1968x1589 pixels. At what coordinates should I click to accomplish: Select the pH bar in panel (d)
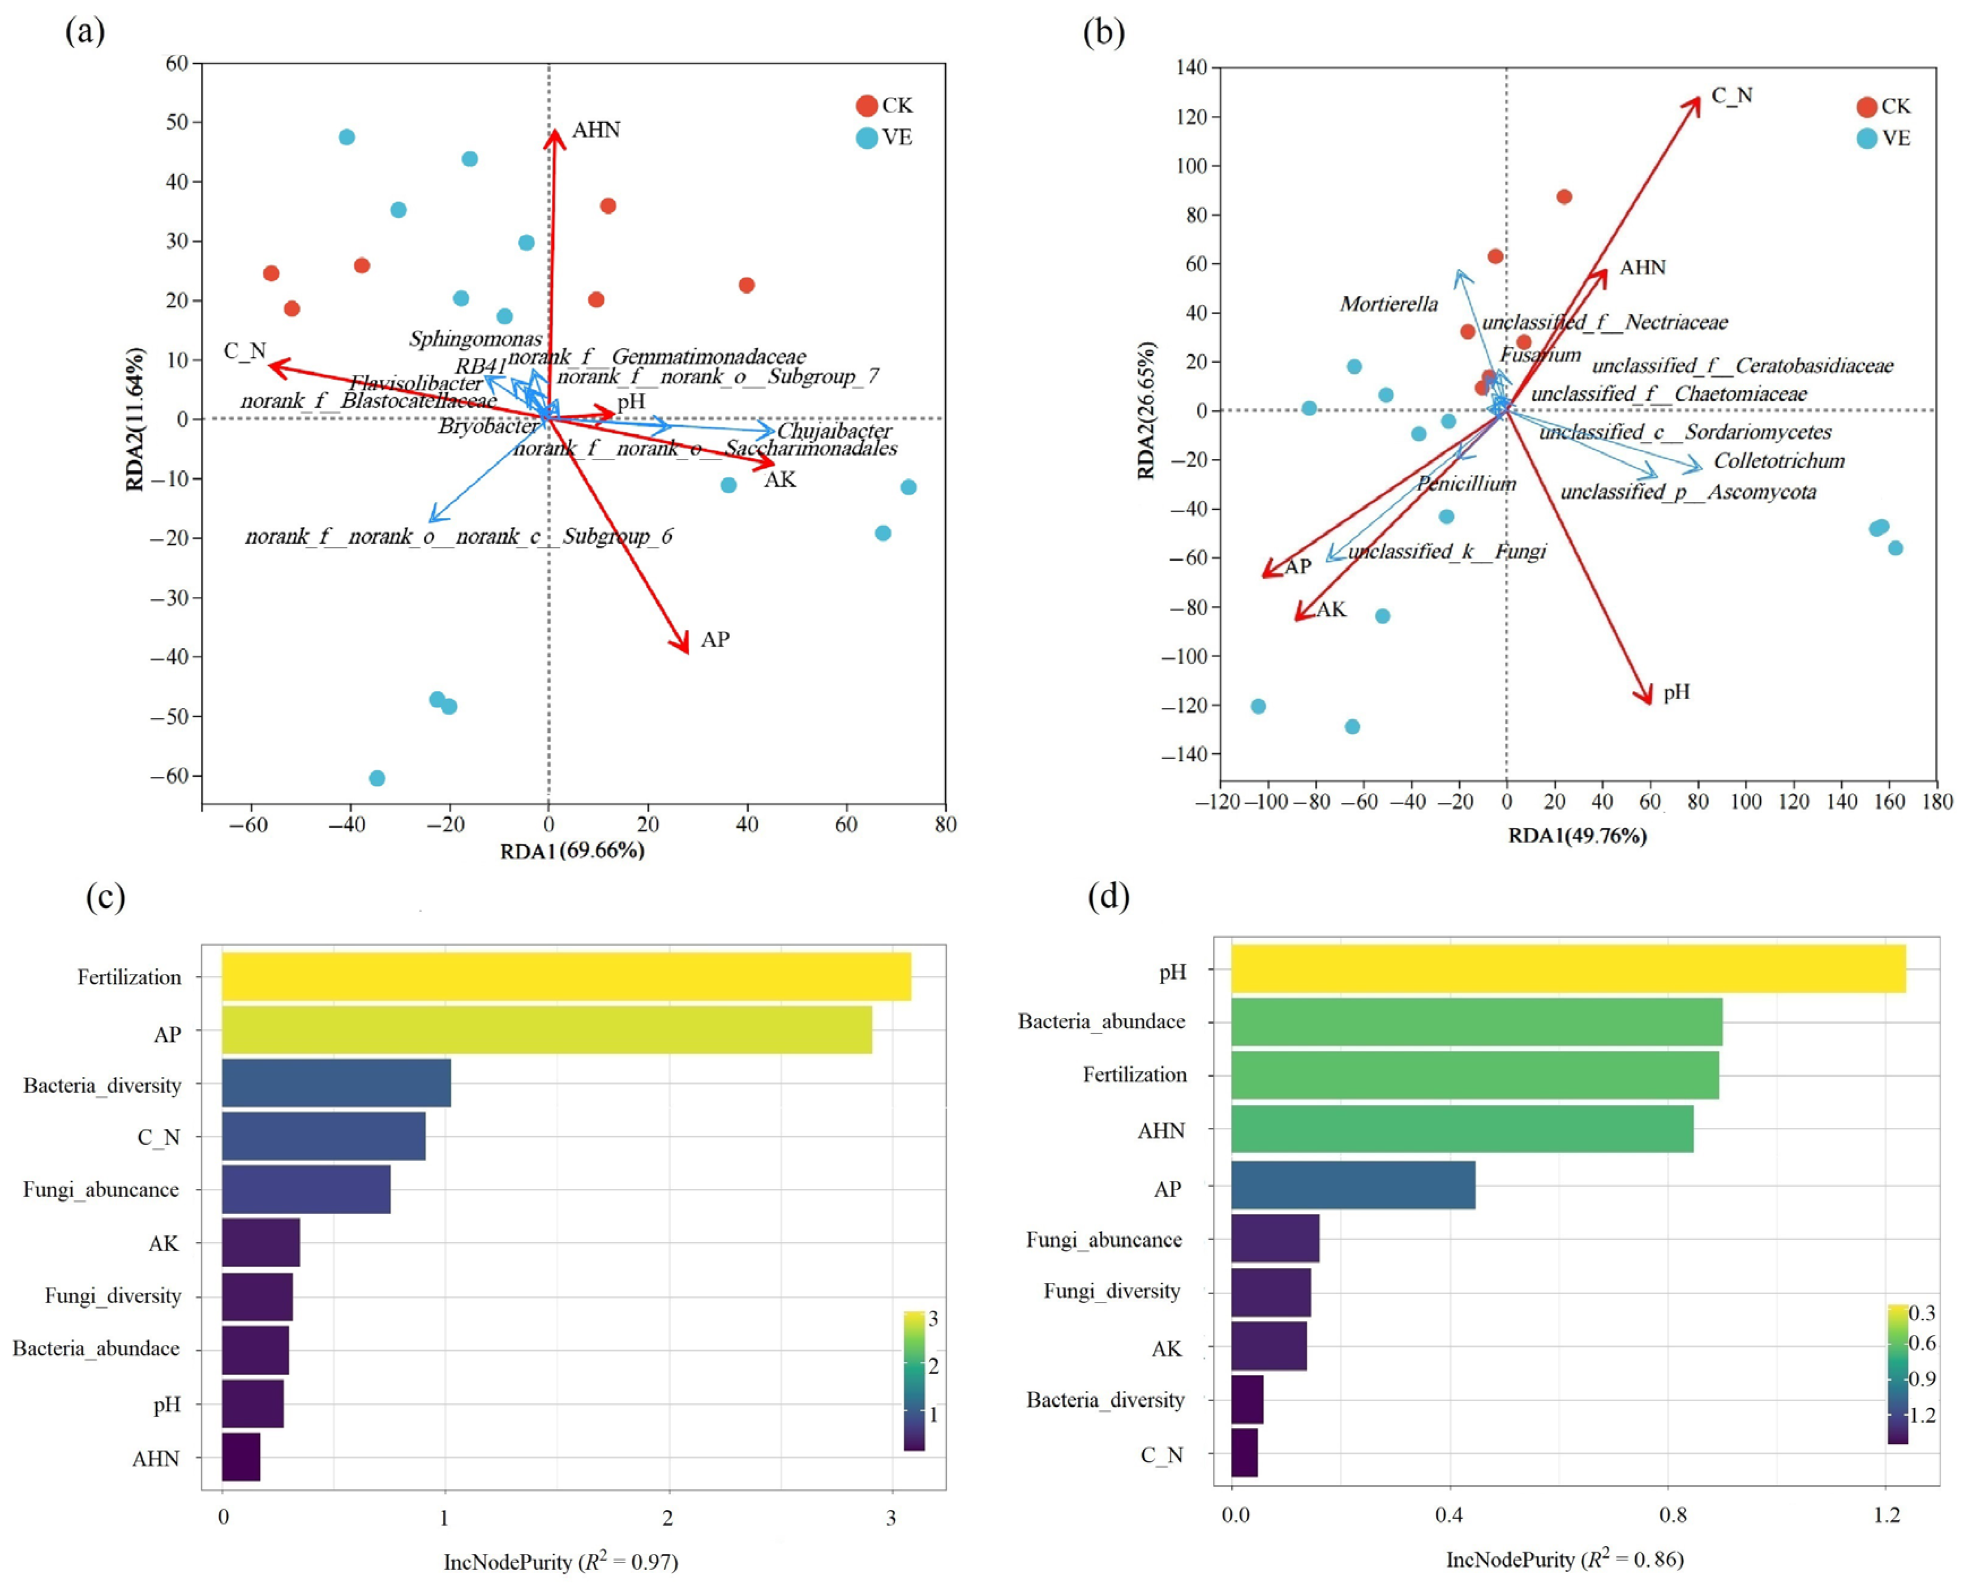point(1567,968)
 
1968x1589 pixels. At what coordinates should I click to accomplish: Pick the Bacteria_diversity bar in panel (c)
point(336,1083)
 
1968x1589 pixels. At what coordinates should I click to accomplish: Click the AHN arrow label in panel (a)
point(596,130)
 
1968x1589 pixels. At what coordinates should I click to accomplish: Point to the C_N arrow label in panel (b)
point(1732,95)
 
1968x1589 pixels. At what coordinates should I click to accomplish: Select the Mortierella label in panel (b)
point(1388,304)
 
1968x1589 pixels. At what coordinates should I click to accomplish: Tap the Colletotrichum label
point(1778,461)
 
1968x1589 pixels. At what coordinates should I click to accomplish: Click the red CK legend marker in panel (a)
point(867,105)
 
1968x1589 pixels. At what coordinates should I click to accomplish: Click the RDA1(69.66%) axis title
point(572,851)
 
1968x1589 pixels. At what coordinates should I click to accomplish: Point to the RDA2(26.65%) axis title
point(1146,410)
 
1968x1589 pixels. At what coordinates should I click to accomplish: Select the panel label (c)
point(105,896)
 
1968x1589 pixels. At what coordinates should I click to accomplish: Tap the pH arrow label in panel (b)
point(1676,692)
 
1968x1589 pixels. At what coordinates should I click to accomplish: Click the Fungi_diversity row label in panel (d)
point(1111,1291)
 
